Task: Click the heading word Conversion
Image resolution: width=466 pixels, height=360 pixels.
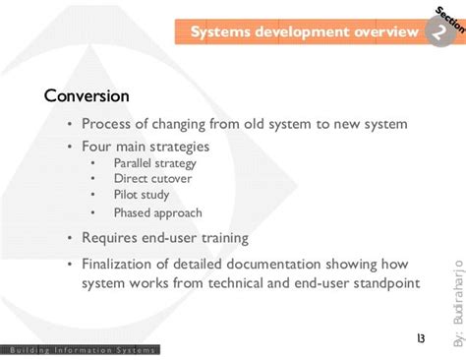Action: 87,96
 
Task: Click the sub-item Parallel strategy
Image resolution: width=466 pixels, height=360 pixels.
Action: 155,163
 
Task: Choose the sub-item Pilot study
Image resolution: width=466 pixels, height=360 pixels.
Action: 142,195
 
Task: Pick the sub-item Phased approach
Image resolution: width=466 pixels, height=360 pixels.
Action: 157,211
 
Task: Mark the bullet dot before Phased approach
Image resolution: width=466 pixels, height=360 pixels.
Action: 92,211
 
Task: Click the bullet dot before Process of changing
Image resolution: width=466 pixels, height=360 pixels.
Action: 69,124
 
